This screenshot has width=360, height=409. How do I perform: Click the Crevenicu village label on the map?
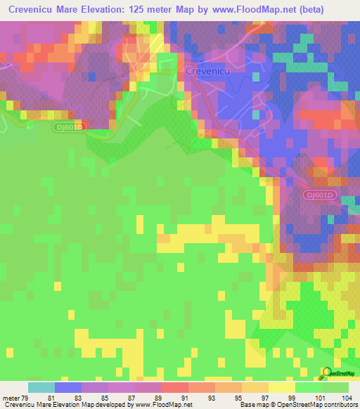pyautogui.click(x=208, y=71)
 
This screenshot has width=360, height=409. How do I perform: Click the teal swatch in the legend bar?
pyautogui.click(x=41, y=387)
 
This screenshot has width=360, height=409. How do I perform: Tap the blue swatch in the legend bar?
pyautogui.click(x=68, y=387)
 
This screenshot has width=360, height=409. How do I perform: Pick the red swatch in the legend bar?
pyautogui.click(x=175, y=387)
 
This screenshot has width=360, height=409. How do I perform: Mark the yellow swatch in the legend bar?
pyautogui.click(x=282, y=387)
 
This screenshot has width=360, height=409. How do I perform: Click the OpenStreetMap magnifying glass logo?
pyautogui.click(x=325, y=372)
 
